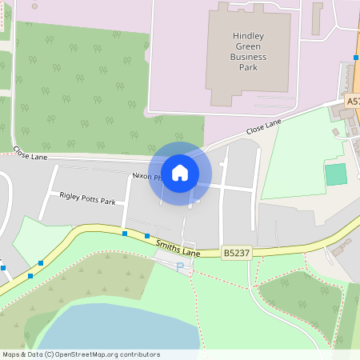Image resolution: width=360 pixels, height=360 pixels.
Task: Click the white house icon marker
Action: coord(180,172)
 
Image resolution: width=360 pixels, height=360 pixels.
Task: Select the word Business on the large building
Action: coord(249,58)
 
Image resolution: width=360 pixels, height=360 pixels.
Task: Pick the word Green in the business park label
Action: coord(248,47)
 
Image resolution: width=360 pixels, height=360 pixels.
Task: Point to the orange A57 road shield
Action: coord(354,102)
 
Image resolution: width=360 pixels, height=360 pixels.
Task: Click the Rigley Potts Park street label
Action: coord(87,198)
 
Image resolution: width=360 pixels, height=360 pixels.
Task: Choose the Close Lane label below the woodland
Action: coord(30,154)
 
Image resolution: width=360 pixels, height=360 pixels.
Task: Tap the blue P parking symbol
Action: coord(180,266)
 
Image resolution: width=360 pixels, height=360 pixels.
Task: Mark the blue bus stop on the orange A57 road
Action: coord(356,58)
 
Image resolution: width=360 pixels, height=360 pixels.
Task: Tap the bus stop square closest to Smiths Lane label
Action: coord(147,236)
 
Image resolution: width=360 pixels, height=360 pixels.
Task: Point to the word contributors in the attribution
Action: coord(140,354)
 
